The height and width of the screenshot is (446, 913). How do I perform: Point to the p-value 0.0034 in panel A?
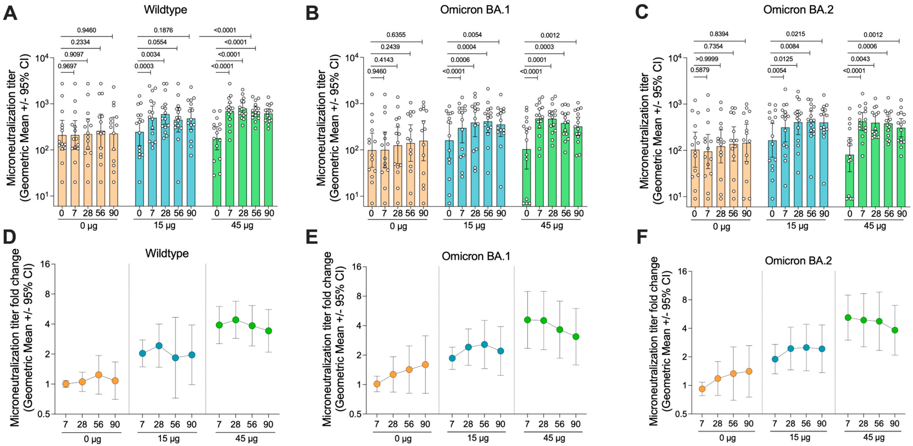(151, 54)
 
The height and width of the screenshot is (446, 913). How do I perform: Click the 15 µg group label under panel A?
(165, 225)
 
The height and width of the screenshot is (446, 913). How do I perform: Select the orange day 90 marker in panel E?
(425, 365)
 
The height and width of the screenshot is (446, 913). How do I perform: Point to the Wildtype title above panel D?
(167, 253)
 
